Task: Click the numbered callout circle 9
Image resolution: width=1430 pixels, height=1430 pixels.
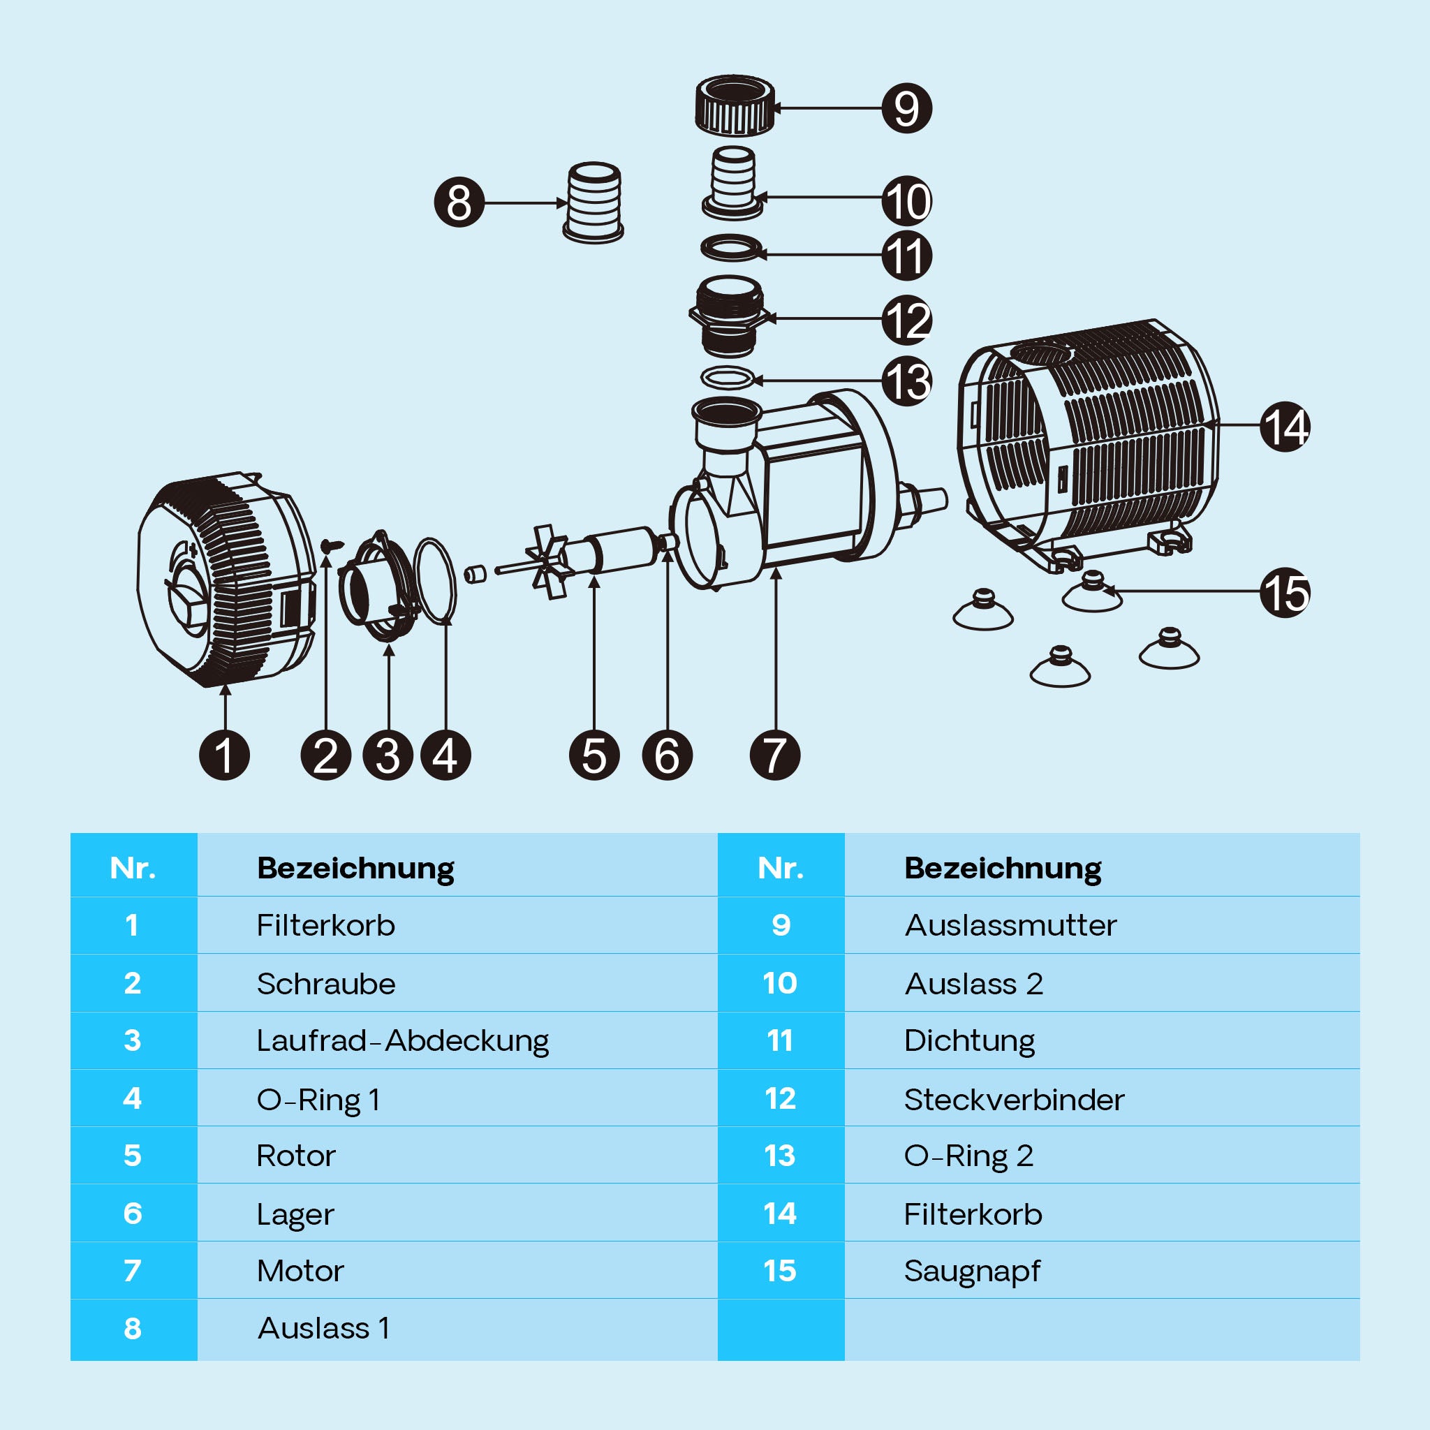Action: pos(907,108)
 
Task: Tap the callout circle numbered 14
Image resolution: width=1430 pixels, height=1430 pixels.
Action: pos(1285,427)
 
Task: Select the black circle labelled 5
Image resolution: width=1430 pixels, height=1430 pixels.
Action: pos(594,755)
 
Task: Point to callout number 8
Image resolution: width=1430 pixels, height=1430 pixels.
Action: pos(459,202)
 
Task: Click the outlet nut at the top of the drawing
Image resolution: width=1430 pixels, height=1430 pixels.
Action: pos(735,106)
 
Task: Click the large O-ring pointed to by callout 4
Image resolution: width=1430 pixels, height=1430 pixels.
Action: pos(436,580)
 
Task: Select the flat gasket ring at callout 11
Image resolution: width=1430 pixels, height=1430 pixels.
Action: pos(731,249)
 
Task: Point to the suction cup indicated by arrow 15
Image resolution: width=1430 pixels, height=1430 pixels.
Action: pos(1092,593)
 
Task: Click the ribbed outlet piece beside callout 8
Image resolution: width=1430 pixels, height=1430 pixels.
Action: pos(594,202)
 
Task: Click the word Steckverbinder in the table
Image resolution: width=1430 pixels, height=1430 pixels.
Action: pos(1014,1100)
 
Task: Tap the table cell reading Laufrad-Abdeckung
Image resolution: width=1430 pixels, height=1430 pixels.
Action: pos(403,1040)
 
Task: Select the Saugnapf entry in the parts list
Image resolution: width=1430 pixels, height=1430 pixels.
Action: pos(972,1271)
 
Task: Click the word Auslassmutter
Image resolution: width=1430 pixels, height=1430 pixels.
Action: pos(1010,925)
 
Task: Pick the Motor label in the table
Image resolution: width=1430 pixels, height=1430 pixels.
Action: pos(300,1271)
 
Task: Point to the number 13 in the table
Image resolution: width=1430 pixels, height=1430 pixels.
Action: pos(780,1156)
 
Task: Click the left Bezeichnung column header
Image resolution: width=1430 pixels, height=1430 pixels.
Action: pos(355,868)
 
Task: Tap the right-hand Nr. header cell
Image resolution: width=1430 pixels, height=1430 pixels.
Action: pos(780,868)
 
